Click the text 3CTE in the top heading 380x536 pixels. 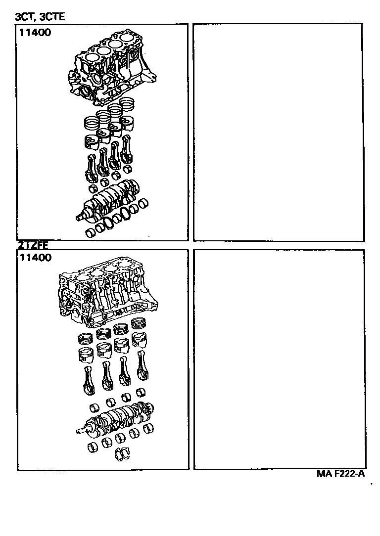[52, 17]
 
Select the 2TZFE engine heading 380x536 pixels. [33, 244]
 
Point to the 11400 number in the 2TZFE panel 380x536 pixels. [35, 257]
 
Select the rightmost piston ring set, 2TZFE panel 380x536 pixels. [140, 324]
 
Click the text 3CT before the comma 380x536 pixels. [24, 17]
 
